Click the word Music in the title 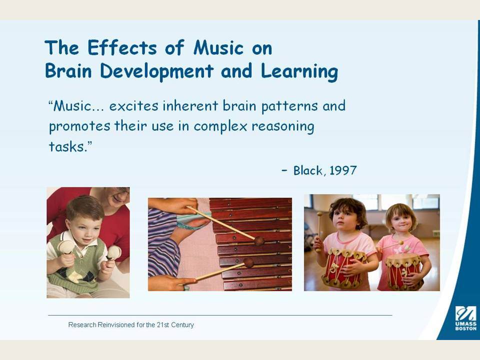point(218,48)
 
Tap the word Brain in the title point(68,70)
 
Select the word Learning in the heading point(299,72)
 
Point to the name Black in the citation point(307,170)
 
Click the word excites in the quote point(134,106)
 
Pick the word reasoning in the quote point(283,126)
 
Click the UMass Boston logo point(465,318)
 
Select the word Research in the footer point(82,325)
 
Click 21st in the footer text point(163,325)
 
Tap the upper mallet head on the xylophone point(259,241)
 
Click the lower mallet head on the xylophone point(249,262)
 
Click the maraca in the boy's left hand point(113,253)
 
